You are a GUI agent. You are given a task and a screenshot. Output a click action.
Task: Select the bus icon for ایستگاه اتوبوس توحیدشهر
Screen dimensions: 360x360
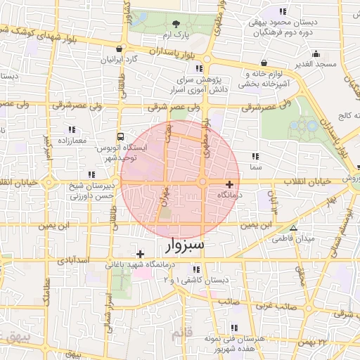[x=121, y=137]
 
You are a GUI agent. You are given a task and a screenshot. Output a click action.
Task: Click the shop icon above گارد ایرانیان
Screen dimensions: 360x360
[x=121, y=49]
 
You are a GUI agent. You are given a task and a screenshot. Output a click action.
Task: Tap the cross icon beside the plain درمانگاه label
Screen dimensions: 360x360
[x=229, y=184]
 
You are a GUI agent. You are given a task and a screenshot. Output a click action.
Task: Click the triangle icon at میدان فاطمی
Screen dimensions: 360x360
[x=294, y=228]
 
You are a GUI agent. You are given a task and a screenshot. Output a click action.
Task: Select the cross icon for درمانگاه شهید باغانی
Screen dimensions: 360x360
[x=141, y=254]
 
